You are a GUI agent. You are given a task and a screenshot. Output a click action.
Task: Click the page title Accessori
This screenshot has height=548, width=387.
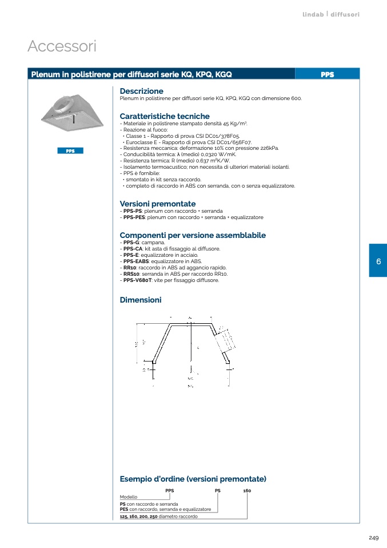click(62, 46)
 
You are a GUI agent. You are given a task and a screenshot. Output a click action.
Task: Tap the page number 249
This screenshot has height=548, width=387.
click(373, 538)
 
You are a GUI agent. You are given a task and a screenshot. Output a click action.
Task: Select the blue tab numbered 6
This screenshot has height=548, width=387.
click(378, 261)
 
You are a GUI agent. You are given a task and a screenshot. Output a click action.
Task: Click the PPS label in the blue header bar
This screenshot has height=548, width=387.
click(327, 74)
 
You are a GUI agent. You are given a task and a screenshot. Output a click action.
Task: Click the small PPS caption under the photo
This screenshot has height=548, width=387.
click(70, 151)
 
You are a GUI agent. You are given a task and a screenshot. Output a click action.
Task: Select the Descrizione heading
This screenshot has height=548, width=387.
click(141, 91)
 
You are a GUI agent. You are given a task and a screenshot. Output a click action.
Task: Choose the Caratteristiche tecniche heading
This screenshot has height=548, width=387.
click(165, 116)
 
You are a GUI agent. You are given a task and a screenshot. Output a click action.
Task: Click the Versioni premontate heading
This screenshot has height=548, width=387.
click(157, 204)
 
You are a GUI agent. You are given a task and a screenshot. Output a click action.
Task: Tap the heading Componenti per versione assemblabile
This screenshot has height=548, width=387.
click(193, 235)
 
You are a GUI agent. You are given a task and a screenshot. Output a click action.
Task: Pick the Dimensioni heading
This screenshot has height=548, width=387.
click(141, 300)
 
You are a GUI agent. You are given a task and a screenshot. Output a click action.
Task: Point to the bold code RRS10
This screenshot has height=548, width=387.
click(130, 274)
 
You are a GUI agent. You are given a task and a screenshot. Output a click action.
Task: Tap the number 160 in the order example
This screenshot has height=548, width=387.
click(247, 491)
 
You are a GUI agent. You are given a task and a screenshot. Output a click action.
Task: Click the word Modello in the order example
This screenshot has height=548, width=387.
click(129, 497)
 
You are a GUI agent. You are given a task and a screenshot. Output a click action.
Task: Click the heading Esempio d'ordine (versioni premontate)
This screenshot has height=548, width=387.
click(193, 479)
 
